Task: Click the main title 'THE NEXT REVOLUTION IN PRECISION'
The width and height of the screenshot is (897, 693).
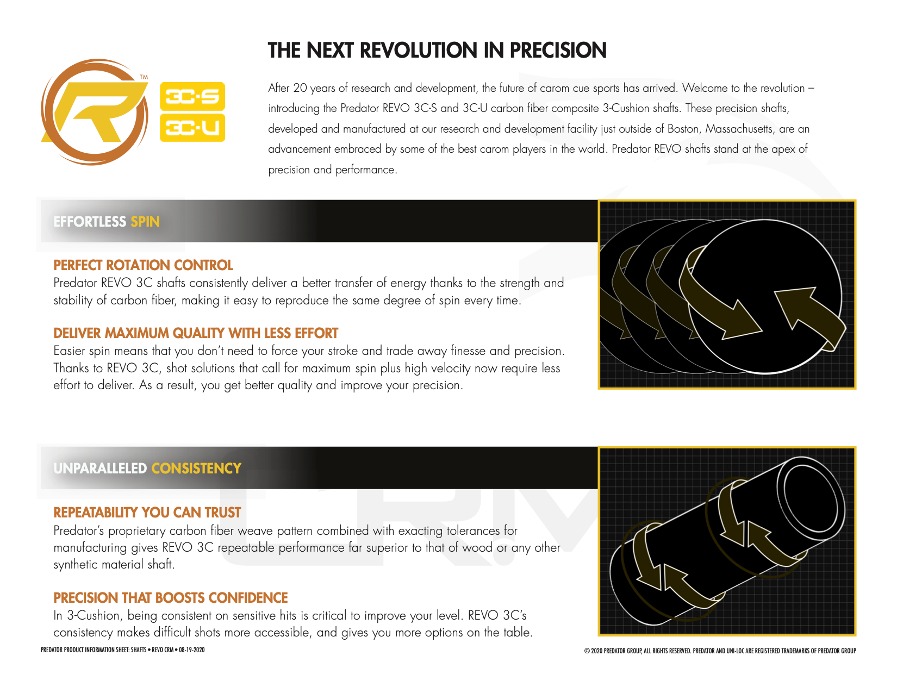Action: pos(437,51)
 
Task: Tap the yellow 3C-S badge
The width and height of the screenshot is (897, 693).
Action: pos(192,97)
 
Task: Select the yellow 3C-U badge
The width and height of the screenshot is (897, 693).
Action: pos(192,128)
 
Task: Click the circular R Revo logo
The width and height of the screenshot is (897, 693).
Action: pos(94,112)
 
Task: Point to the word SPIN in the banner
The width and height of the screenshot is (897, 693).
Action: pos(145,222)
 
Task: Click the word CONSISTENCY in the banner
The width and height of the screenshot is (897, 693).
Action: pos(196,469)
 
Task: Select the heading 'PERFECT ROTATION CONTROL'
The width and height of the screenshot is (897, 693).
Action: pos(143,265)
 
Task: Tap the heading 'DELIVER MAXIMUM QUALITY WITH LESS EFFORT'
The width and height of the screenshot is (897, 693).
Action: pos(196,333)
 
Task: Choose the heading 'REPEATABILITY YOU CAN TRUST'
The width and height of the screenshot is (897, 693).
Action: pos(147,513)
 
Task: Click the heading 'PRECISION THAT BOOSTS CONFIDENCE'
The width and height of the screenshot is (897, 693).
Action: pos(171,598)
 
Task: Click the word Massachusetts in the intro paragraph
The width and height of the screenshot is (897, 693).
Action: pos(739,129)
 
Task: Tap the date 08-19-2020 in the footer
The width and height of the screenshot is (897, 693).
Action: pos(191,650)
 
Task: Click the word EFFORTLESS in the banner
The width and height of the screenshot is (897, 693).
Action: pos(90,222)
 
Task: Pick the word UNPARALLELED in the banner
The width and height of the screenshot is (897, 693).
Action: pos(101,469)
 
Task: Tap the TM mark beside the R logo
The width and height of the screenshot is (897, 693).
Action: pos(144,77)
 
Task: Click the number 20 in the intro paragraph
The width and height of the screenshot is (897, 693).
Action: pos(300,88)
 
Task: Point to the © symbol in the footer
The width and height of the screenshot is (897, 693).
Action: pos(587,651)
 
